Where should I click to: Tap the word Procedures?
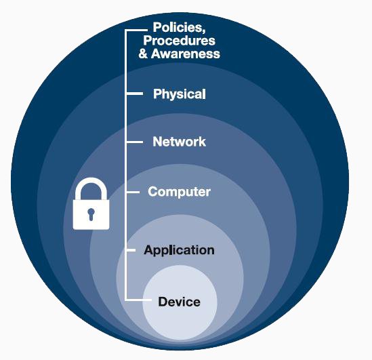click(x=179, y=41)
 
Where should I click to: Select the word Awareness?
click(x=186, y=54)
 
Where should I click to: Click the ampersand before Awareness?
click(x=143, y=54)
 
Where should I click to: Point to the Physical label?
click(x=180, y=94)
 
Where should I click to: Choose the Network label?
click(x=180, y=142)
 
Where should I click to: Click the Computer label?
click(x=179, y=192)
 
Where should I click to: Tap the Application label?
click(x=179, y=250)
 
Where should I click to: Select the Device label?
click(x=179, y=302)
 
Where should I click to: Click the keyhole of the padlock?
click(x=91, y=214)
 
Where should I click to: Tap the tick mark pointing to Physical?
click(x=135, y=94)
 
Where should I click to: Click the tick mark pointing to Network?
click(x=135, y=142)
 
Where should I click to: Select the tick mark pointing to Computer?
click(x=133, y=192)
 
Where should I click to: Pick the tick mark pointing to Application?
click(x=131, y=250)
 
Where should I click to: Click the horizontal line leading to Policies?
click(x=137, y=30)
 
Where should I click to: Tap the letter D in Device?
click(x=163, y=302)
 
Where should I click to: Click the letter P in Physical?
click(x=157, y=94)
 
